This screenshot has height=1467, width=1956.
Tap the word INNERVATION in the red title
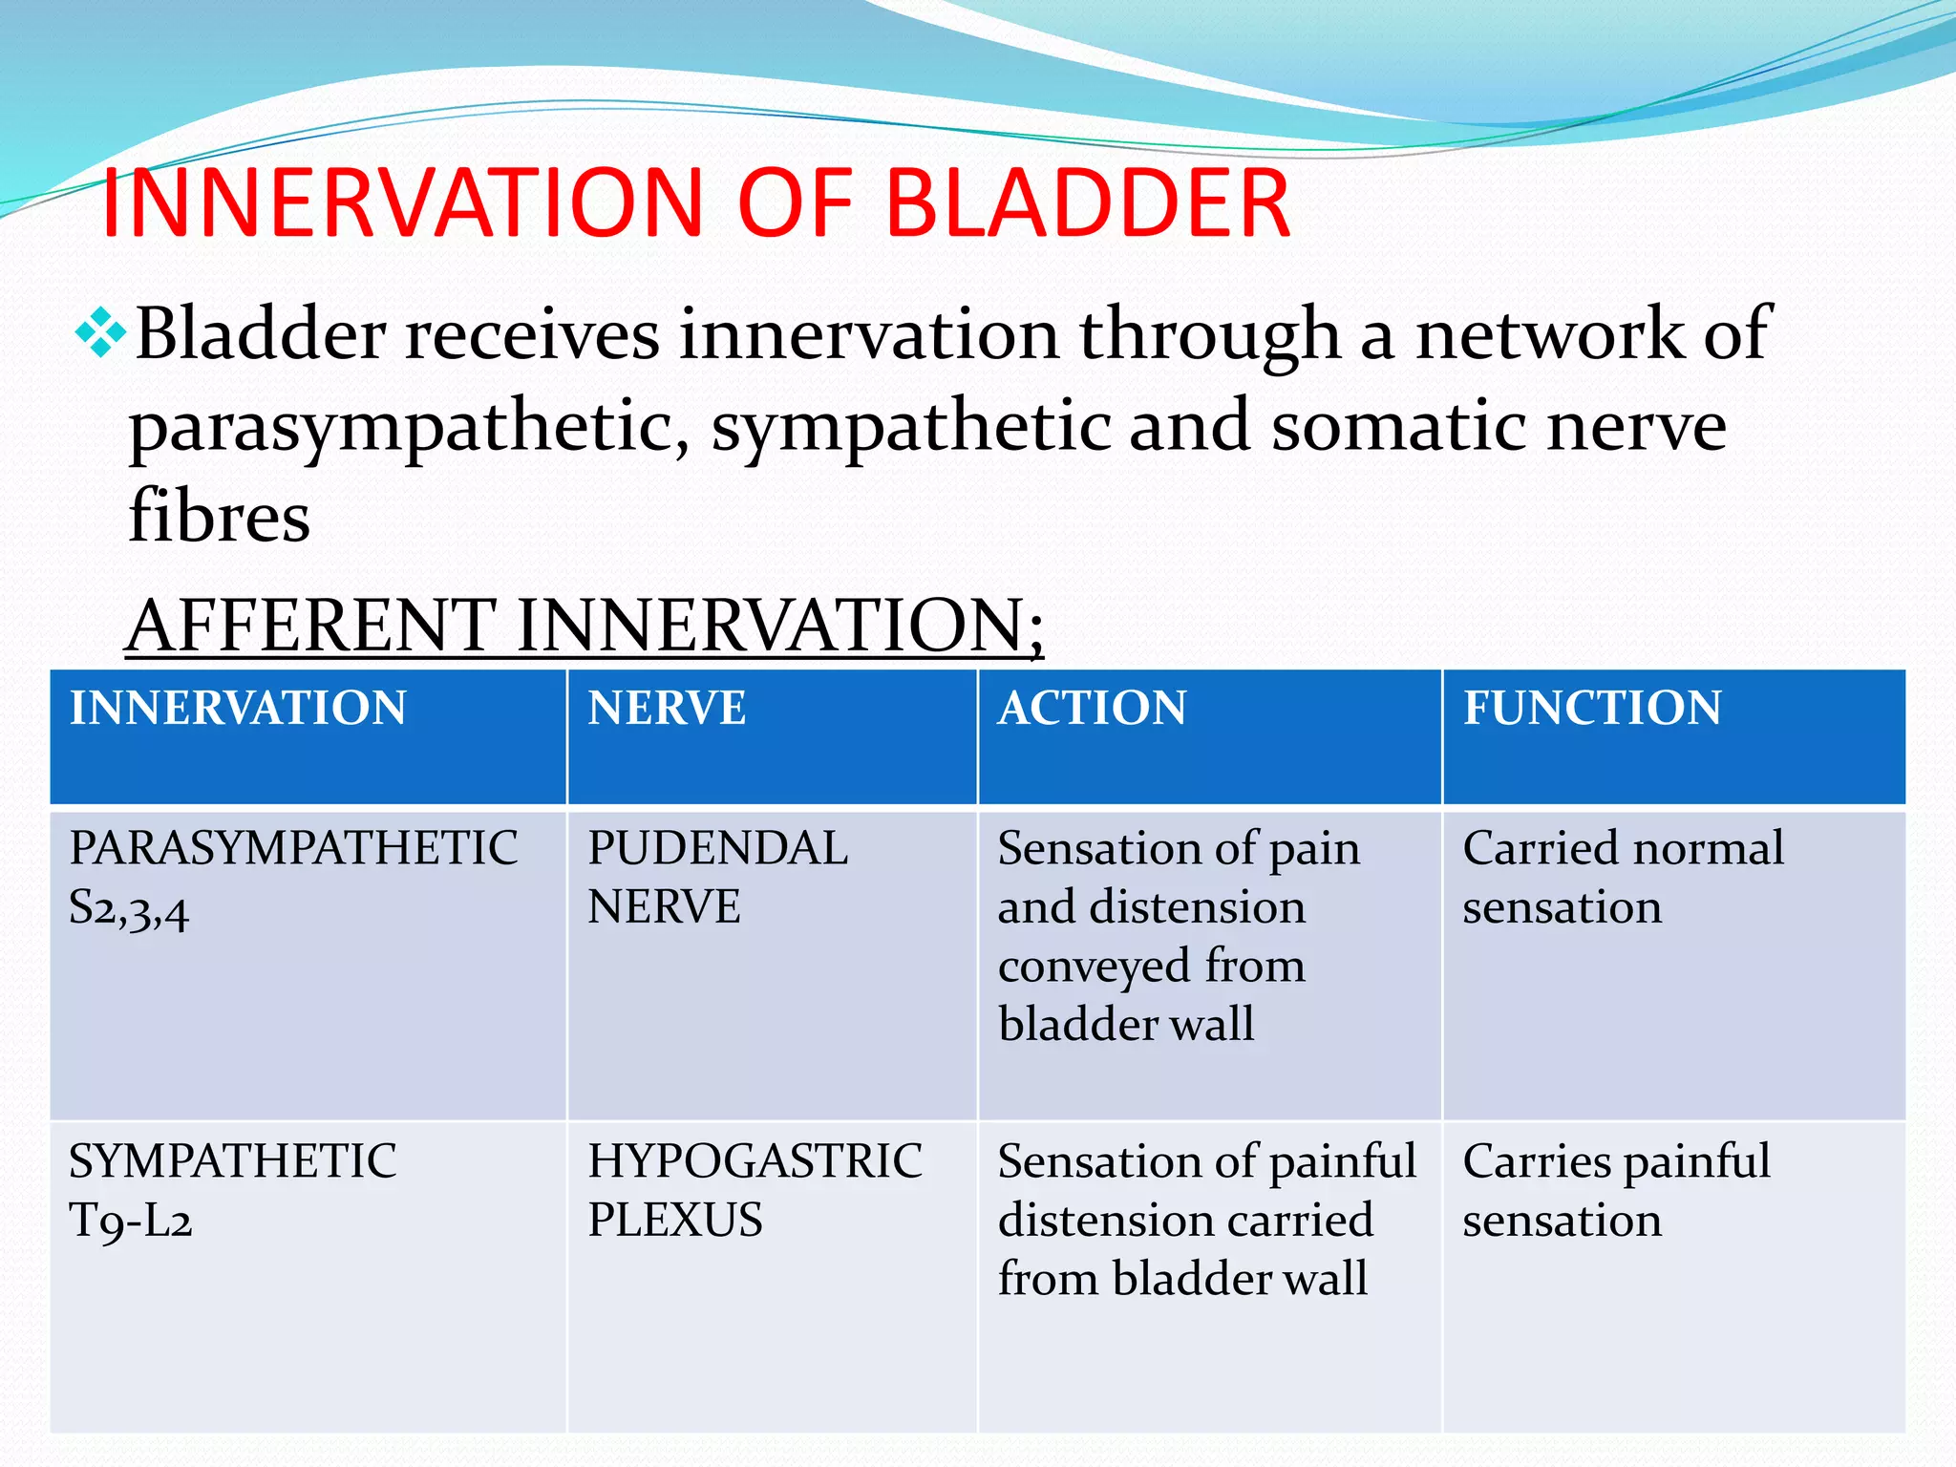click(x=402, y=202)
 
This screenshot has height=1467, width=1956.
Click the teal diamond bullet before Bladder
click(x=100, y=333)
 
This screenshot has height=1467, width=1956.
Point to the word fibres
click(x=219, y=516)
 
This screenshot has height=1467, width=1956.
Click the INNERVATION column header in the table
click(x=238, y=708)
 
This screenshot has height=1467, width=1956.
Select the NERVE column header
click(x=667, y=708)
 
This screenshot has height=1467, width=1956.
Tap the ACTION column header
click(x=1092, y=708)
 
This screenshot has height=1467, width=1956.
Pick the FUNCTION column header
click(x=1592, y=708)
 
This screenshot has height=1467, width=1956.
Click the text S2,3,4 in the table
click(x=129, y=909)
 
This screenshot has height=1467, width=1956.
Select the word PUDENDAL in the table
click(x=717, y=848)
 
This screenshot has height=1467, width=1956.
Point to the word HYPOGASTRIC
click(x=755, y=1161)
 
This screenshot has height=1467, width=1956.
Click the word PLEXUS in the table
click(x=675, y=1220)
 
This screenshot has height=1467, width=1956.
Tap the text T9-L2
click(x=131, y=1221)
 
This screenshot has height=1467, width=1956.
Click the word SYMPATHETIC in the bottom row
click(x=232, y=1161)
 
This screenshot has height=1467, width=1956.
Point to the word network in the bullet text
click(x=1547, y=333)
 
